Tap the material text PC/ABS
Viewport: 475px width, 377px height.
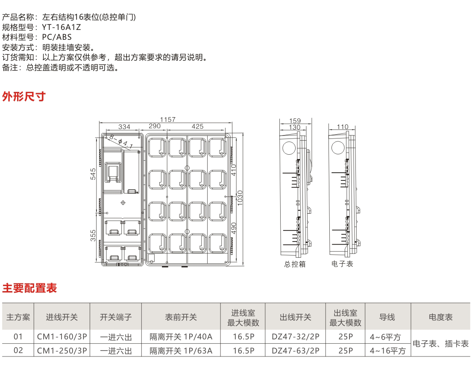[57, 37]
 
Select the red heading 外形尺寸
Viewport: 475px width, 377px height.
[24, 97]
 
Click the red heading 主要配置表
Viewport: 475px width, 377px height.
[29, 288]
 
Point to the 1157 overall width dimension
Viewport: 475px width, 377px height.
[168, 120]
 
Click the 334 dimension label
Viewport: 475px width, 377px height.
[124, 127]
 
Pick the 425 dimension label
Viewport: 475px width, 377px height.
[197, 127]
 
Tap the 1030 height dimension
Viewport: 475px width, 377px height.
[240, 197]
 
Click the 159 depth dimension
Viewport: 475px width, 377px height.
[295, 121]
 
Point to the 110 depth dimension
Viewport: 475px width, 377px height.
[343, 127]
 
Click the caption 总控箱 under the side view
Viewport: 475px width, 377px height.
[295, 265]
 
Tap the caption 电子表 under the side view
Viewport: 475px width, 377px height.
[343, 264]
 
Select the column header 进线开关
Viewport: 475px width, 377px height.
[62, 317]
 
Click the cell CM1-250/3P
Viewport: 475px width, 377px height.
[62, 351]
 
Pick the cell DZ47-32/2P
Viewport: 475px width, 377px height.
[296, 337]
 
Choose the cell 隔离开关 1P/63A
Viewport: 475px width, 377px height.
[181, 351]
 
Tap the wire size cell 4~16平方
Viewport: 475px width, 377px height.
[388, 351]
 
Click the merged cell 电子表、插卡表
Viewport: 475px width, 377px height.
[440, 344]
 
